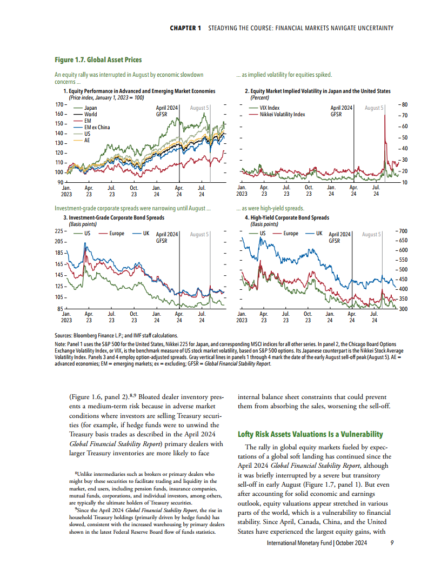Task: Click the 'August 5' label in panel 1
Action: point(199,108)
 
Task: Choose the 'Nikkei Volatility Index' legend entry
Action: point(282,115)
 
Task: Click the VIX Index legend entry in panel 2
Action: point(270,108)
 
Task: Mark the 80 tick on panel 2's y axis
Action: point(404,104)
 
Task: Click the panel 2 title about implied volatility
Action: point(318,91)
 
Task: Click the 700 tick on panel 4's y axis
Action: point(404,231)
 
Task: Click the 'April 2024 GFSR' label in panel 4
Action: point(340,237)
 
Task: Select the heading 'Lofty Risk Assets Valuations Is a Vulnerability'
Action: point(310,434)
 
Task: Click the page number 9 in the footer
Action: point(392,545)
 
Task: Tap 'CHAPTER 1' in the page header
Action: point(186,28)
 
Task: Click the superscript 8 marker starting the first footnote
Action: point(76,474)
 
